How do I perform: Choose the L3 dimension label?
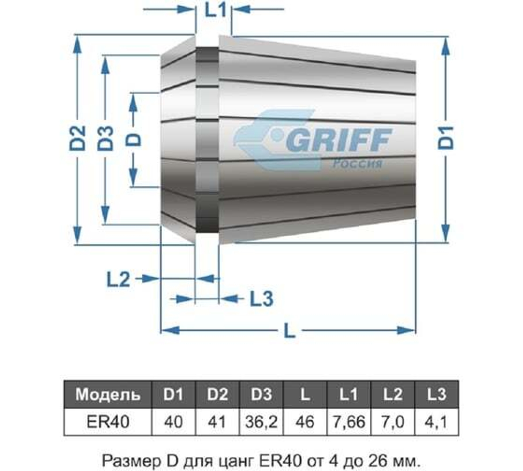click(261, 299)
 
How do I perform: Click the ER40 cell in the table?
click(108, 421)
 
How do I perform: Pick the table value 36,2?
click(261, 421)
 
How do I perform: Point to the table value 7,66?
click(349, 421)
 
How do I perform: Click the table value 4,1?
click(436, 421)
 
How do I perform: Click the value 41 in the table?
click(217, 421)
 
